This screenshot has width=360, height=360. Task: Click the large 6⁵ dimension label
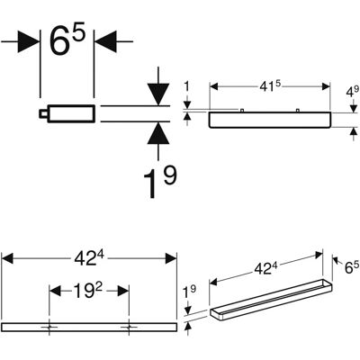click(x=67, y=39)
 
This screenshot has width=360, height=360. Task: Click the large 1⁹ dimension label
click(x=160, y=182)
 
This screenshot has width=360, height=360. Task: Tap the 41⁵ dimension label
click(x=270, y=86)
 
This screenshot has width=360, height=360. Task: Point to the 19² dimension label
click(x=88, y=291)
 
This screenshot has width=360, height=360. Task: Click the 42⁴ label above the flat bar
click(x=89, y=258)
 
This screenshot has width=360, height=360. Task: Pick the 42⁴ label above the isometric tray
click(x=266, y=268)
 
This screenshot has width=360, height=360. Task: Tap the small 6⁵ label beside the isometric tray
click(x=352, y=266)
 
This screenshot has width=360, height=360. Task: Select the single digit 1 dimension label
click(x=187, y=86)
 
